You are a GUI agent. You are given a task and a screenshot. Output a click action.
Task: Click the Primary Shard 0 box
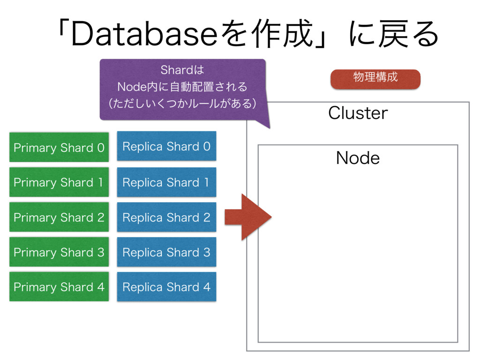[x=59, y=147]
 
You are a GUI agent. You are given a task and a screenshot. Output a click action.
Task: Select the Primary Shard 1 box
[x=59, y=182]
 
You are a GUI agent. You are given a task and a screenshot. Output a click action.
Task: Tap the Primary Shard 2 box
[x=59, y=217]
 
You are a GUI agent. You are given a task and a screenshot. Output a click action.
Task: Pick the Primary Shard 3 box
[x=59, y=252]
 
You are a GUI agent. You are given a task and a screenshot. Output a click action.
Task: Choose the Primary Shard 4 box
[x=59, y=286]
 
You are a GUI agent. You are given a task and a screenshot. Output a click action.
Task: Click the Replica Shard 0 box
[x=166, y=146]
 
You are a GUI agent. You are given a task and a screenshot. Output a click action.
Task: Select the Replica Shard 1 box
[x=166, y=182]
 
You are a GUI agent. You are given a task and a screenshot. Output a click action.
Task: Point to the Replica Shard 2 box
[x=166, y=217]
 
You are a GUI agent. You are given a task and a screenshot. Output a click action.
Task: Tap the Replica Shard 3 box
[x=166, y=252]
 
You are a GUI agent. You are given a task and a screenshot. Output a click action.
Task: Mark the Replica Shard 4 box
[x=166, y=286]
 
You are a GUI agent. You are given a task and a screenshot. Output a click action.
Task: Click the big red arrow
[x=248, y=217]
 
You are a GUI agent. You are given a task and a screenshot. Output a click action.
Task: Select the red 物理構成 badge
[x=375, y=79]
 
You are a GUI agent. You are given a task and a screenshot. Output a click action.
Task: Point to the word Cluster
[x=358, y=113]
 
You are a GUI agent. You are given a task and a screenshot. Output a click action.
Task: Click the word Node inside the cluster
[x=358, y=158]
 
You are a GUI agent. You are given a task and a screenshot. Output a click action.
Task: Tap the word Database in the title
[x=144, y=34]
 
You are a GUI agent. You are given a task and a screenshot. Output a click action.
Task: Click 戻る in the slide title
[x=408, y=34]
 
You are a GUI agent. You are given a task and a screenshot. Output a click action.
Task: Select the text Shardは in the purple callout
[x=182, y=70]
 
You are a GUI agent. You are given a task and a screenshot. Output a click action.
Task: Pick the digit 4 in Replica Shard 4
[x=207, y=287]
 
